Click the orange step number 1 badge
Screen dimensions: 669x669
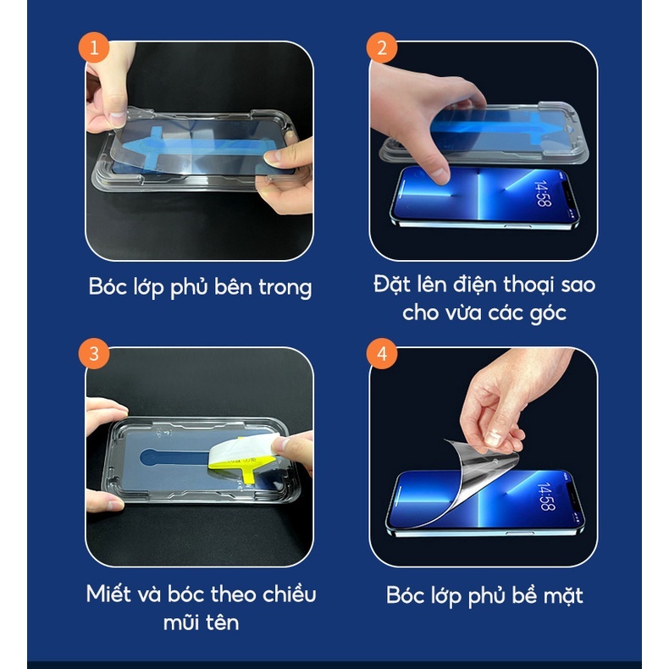94,47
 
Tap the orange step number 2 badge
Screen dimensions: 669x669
382,47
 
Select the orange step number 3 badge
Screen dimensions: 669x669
94,354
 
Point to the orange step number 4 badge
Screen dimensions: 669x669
382,354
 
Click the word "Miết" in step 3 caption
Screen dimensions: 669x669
108,594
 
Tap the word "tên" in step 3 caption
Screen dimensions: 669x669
222,622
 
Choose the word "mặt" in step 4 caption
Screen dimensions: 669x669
563,596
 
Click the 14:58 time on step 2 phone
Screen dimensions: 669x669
543,193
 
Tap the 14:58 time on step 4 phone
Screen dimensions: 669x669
546,496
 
